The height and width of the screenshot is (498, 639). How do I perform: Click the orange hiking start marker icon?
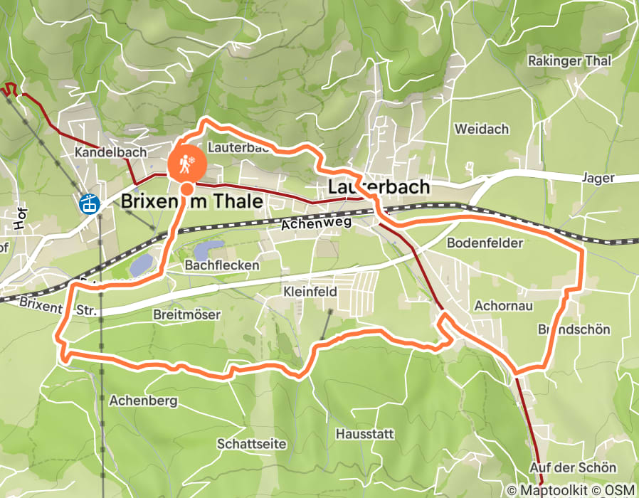[x=187, y=164]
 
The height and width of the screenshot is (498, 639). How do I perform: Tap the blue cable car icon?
[x=89, y=203]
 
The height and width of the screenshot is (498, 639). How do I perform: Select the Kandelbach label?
[x=111, y=152]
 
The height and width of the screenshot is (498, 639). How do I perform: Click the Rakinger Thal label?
[x=569, y=61]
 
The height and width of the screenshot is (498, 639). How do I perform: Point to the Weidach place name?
[x=482, y=129]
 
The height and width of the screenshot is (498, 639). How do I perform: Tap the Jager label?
[x=597, y=178]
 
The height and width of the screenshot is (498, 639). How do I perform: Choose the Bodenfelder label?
[x=485, y=243]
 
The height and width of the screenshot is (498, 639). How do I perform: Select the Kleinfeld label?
[x=310, y=292]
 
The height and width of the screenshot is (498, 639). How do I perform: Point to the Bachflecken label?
[x=212, y=265]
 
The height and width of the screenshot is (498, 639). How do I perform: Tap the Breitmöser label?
[x=186, y=314]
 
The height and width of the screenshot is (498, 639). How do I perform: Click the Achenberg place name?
[x=143, y=401]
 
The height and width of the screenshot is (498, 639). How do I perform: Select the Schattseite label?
[x=251, y=444]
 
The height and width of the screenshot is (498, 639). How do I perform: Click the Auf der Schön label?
[x=573, y=467]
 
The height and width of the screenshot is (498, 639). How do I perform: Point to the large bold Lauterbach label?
[x=379, y=187]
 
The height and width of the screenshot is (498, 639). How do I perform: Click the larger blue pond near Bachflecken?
[x=142, y=265]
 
